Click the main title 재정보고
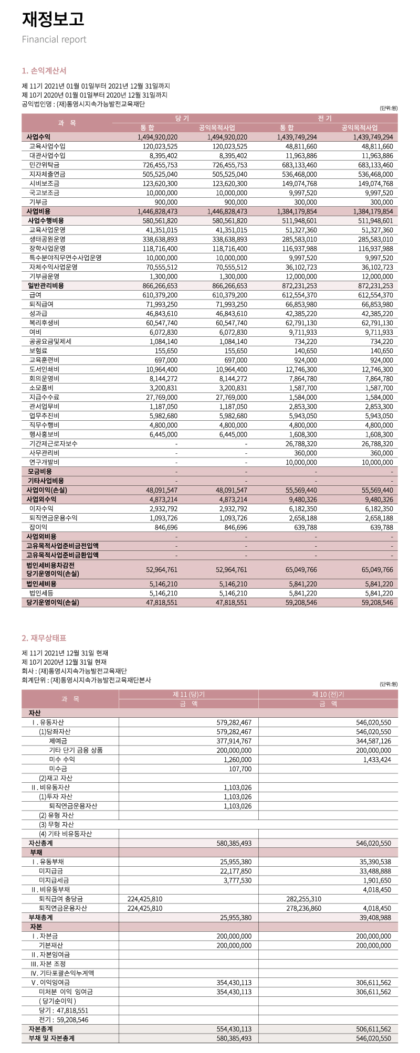point(53,19)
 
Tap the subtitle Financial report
point(54,39)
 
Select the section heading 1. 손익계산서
point(44,70)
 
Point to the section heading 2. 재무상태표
point(44,638)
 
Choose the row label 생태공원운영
point(47,239)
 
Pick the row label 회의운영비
point(44,379)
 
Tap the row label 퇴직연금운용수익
point(53,518)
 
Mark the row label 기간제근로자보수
point(53,444)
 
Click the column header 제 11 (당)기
point(188,694)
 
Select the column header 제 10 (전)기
point(328,694)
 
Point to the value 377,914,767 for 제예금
point(234,741)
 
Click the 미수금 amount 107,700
point(240,769)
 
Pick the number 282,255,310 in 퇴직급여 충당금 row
point(303,899)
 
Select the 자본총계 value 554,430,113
point(234,1029)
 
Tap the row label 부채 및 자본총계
point(51,1038)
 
